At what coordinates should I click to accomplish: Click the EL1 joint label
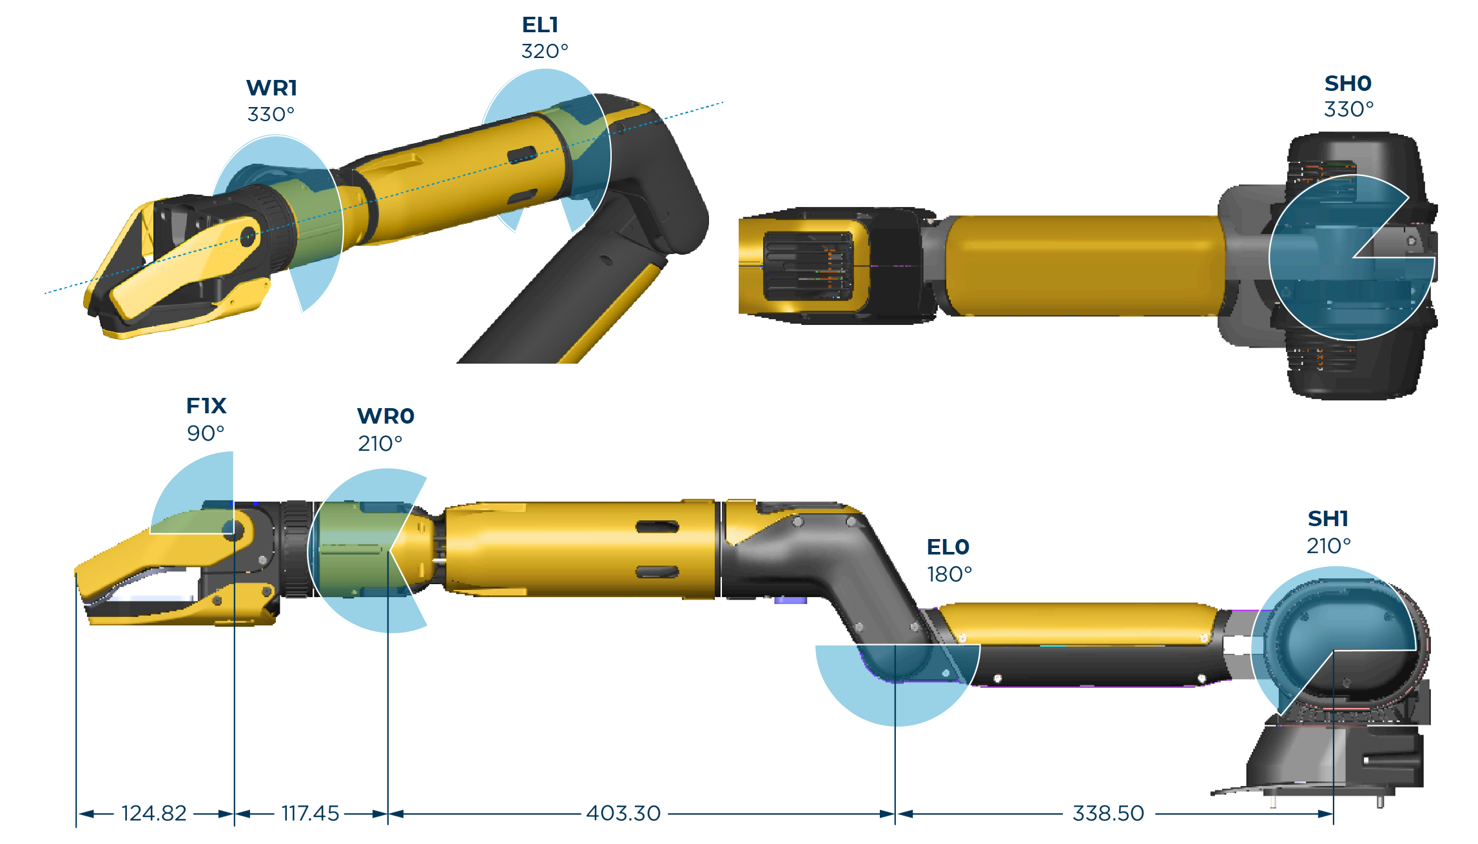(x=540, y=25)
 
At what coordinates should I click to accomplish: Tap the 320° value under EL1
(x=545, y=52)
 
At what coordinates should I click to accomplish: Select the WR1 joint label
(x=271, y=88)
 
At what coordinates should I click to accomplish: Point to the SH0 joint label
(x=1348, y=84)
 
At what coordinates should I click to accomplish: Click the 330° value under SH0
(x=1348, y=110)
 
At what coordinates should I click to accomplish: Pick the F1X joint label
(x=206, y=406)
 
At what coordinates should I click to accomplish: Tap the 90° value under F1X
(x=206, y=433)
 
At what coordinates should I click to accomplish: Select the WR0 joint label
(x=385, y=417)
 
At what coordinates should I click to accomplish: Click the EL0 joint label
(x=948, y=547)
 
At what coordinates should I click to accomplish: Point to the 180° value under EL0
(x=949, y=574)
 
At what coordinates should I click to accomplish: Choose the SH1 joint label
(x=1328, y=519)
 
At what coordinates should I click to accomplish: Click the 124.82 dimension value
(x=154, y=814)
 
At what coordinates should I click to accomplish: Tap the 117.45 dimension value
(x=310, y=814)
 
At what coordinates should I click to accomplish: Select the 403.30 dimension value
(x=623, y=814)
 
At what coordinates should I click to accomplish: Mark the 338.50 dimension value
(x=1108, y=814)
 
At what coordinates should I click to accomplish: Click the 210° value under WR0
(x=380, y=444)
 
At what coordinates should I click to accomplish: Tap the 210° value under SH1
(x=1328, y=546)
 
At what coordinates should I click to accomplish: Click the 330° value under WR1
(x=271, y=115)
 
